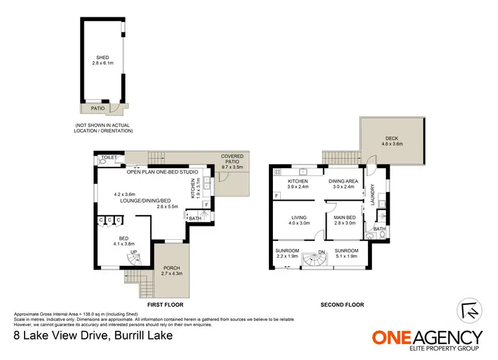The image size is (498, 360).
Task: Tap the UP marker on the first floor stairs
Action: (133, 252)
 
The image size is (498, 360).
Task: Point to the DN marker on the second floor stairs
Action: (321, 252)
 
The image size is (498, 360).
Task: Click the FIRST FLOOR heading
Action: (164, 305)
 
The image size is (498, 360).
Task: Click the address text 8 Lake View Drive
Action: (93, 335)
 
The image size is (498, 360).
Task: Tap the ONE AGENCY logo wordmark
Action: (427, 337)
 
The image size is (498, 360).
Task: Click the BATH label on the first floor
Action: (195, 219)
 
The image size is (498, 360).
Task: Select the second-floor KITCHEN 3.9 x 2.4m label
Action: (297, 184)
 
